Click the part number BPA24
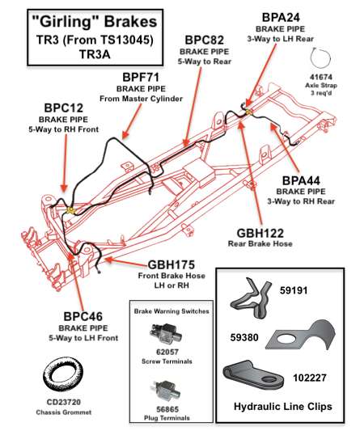281,18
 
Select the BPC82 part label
205,40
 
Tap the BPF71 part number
141,78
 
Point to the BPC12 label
64,108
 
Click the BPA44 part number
301,180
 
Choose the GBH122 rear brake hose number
260,234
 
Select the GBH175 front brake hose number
172,265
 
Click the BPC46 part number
83,316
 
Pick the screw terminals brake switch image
166,334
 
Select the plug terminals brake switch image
166,391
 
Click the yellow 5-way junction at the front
71,210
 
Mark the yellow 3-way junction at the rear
249,112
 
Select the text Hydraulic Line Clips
283,407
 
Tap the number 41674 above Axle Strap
321,77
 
